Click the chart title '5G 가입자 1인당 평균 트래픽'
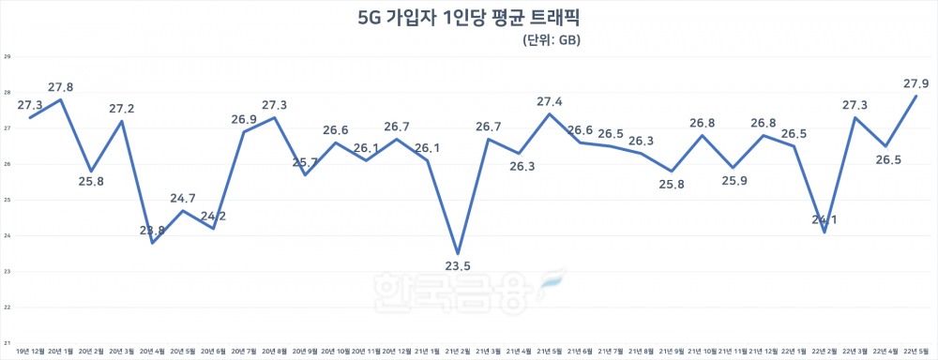[468, 16]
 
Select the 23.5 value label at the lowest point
[458, 266]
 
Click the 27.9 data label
[910, 83]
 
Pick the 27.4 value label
[550, 101]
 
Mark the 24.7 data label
[183, 198]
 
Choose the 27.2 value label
[120, 109]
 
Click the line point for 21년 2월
[458, 253]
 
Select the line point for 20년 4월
[153, 243]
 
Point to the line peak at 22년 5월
[915, 97]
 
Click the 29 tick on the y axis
[7, 57]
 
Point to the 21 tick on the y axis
[7, 342]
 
